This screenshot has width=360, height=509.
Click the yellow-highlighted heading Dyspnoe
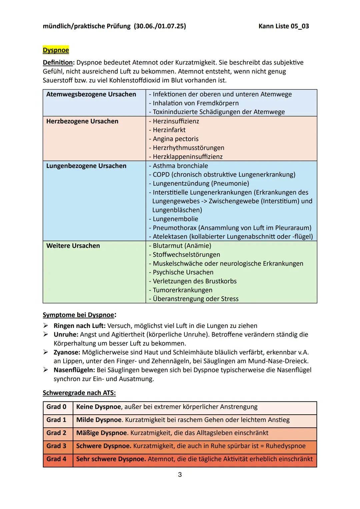click(56, 50)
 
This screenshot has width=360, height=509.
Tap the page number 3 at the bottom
click(180, 475)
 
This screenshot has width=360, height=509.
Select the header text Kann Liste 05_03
click(283, 26)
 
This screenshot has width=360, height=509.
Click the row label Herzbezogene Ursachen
click(82, 121)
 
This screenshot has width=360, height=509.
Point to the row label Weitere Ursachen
click(73, 246)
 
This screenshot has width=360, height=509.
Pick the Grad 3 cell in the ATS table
click(56, 446)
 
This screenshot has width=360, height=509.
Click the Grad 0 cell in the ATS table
click(56, 407)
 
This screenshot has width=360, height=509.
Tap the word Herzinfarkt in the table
click(169, 130)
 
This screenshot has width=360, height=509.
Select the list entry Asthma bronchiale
click(180, 166)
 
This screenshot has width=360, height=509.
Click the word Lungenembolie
click(175, 219)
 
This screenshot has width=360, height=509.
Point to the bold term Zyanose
click(66, 352)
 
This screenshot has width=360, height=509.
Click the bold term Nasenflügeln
click(74, 370)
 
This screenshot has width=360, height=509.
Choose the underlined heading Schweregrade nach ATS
click(79, 393)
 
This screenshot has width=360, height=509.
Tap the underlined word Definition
click(58, 63)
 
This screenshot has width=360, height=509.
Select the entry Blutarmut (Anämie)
click(182, 246)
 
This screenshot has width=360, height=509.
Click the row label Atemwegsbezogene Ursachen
click(91, 94)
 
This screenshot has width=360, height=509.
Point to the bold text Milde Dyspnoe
click(99, 420)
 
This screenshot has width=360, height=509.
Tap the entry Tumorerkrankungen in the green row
click(182, 290)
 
